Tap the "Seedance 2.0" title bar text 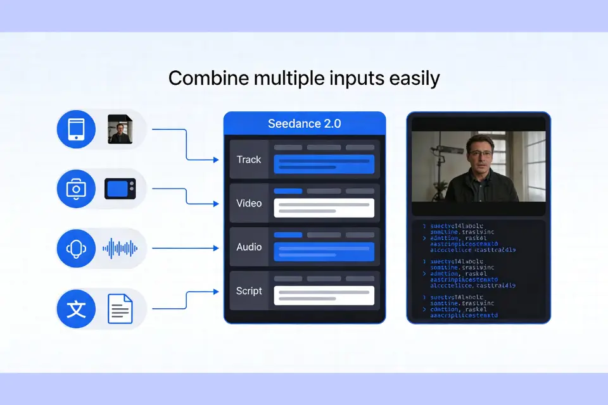tap(304, 123)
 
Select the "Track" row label tap(249, 159)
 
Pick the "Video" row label tap(249, 203)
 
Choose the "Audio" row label tap(249, 247)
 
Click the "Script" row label tap(249, 290)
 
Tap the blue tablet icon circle tap(76, 130)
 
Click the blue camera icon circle tap(76, 188)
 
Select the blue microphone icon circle tap(76, 247)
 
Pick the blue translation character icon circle tap(76, 309)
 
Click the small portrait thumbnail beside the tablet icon tap(120, 129)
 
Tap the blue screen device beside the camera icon tap(120, 188)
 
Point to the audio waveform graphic tap(120, 248)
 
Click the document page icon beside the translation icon tap(120, 309)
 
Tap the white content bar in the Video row tap(324, 208)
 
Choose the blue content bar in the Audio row tap(324, 251)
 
